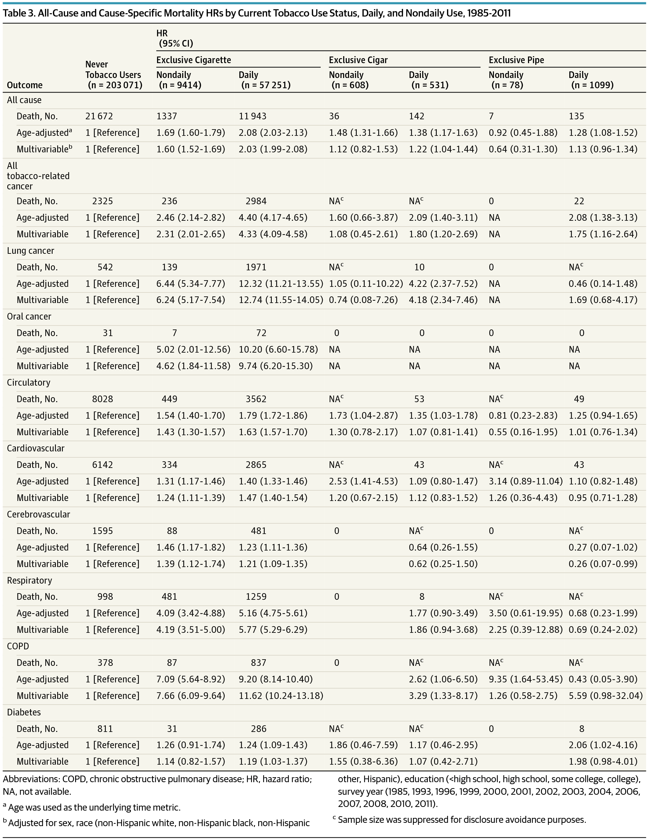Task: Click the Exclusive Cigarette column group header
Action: coord(193,60)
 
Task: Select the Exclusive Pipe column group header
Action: coord(516,60)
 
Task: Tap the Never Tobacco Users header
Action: coord(113,75)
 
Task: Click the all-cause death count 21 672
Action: coord(99,116)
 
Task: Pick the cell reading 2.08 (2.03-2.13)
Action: coord(273,133)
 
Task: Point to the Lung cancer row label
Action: coord(30,251)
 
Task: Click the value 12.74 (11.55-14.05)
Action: coord(281,300)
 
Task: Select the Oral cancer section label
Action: coord(29,317)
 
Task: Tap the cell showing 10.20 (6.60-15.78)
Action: coord(278,350)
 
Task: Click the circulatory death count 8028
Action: coord(102,399)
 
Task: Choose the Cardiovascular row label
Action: coord(36,448)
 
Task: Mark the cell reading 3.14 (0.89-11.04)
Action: coord(525,481)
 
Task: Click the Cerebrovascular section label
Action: coord(38,515)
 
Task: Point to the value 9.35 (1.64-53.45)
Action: coord(525,679)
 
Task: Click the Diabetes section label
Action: coord(24,712)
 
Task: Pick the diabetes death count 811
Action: coord(105,729)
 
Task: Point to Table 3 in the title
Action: coord(18,13)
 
